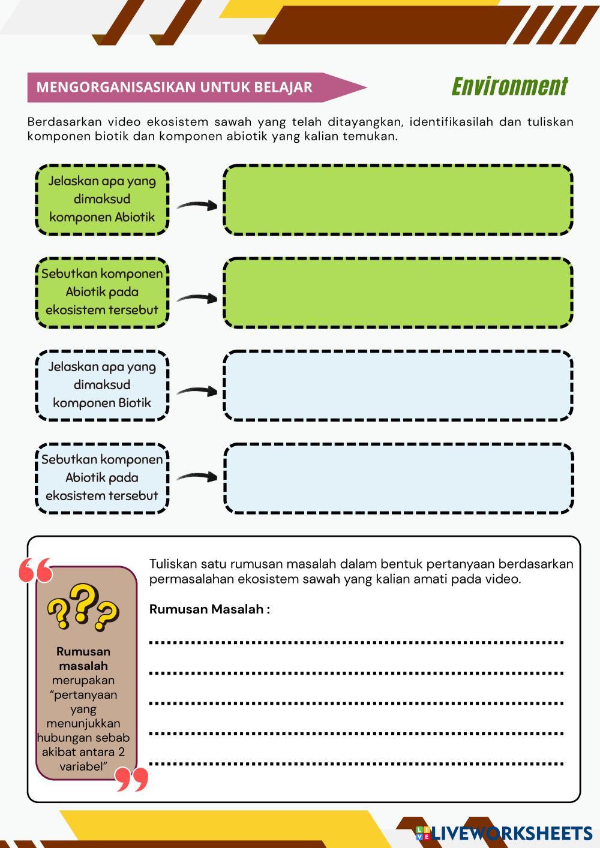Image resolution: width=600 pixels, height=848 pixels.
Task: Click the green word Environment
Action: click(509, 86)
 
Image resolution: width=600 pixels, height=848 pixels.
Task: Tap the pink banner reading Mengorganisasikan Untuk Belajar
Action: click(180, 88)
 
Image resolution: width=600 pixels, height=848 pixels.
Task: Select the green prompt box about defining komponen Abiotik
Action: click(102, 199)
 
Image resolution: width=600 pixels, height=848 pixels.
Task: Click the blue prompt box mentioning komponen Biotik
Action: click(102, 385)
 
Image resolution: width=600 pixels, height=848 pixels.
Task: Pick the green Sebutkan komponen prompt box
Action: click(102, 292)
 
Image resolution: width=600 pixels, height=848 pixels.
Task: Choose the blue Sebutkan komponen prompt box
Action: click(102, 478)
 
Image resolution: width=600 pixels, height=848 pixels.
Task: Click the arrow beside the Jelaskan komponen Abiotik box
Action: click(197, 205)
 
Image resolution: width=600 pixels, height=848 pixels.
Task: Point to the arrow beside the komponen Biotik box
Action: click(197, 391)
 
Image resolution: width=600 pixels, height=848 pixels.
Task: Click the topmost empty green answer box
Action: click(398, 199)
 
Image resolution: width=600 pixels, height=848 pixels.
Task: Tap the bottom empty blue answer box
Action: click(398, 478)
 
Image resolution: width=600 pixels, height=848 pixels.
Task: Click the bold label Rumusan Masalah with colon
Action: click(209, 609)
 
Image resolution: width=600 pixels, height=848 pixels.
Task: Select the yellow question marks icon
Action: click(83, 608)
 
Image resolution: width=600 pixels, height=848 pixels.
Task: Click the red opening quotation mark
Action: click(35, 570)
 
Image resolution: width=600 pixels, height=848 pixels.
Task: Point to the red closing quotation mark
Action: click(131, 779)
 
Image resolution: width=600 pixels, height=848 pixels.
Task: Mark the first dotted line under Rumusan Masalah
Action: click(356, 642)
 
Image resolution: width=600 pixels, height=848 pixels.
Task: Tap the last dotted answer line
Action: click(356, 764)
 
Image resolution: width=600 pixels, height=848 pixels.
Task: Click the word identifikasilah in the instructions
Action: click(451, 122)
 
